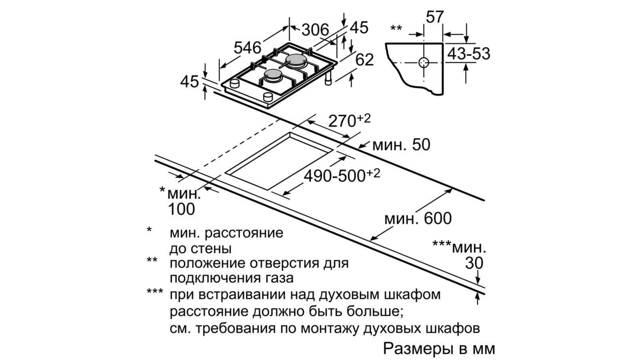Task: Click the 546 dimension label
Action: (247, 48)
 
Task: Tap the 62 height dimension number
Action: (364, 60)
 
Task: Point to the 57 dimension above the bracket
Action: (434, 17)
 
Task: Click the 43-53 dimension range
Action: (468, 54)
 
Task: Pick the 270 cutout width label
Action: (342, 120)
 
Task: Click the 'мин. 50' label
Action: (401, 145)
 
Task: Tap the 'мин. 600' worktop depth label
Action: (418, 218)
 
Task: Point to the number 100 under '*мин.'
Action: (182, 209)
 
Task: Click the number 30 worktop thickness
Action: (474, 263)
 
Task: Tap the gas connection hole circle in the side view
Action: (424, 63)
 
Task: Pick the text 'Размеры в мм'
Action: (439, 348)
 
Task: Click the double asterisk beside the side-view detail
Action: (396, 29)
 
